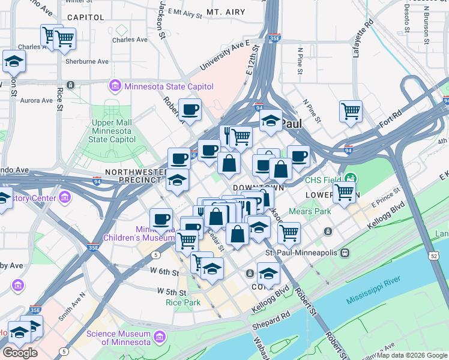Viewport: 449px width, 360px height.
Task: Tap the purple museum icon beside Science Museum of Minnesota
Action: (x=159, y=338)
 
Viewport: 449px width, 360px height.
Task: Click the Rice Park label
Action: (x=183, y=302)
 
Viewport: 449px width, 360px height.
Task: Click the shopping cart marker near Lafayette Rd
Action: (x=351, y=111)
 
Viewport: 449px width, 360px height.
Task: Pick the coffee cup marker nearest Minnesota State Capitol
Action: (x=190, y=110)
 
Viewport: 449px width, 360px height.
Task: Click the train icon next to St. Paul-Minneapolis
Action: (x=345, y=253)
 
